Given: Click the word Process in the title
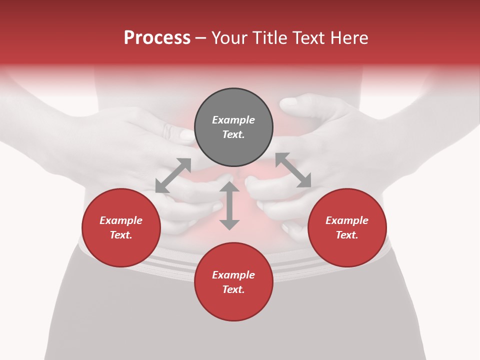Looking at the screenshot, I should pyautogui.click(x=157, y=37).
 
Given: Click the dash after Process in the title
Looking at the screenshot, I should pyautogui.click(x=200, y=38).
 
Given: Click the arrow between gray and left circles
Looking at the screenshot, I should pyautogui.click(x=173, y=175).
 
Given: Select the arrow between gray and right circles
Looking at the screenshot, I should pyautogui.click(x=293, y=170).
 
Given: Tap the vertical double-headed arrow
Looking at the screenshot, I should pyautogui.click(x=229, y=206).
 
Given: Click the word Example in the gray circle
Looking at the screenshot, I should pyautogui.click(x=233, y=120).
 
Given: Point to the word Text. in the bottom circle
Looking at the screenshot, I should pyautogui.click(x=233, y=289).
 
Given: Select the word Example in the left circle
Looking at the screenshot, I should pyautogui.click(x=121, y=220).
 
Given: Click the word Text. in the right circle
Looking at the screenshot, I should pyautogui.click(x=347, y=235).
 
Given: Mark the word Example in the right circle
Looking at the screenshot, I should pyautogui.click(x=347, y=220).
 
